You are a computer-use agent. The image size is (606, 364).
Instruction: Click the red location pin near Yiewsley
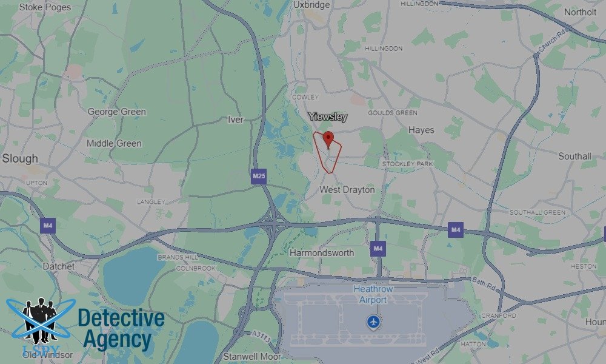pyautogui.click(x=328, y=139)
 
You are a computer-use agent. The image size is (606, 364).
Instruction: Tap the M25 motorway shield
pyautogui.click(x=259, y=177)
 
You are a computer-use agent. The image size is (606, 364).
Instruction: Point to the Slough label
pyautogui.click(x=20, y=158)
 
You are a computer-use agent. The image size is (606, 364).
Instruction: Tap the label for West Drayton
pyautogui.click(x=347, y=190)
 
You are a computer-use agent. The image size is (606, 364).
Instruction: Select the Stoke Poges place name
pyautogui.click(x=45, y=8)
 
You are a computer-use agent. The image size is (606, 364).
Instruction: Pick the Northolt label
pyautogui.click(x=580, y=12)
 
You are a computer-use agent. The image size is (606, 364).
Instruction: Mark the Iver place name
pyautogui.click(x=236, y=120)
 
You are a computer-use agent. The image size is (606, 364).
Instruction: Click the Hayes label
pyautogui.click(x=421, y=130)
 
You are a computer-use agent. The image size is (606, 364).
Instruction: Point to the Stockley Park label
pyautogui.click(x=407, y=164)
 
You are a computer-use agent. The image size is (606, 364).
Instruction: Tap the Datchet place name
pyautogui.click(x=59, y=266)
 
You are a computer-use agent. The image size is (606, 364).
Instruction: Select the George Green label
pyautogui.click(x=116, y=112)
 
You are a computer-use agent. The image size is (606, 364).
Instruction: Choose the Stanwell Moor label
pyautogui.click(x=250, y=356)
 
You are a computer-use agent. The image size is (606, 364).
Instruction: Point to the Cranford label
pyautogui.click(x=498, y=316)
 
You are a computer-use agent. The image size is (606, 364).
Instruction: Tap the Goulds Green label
pyautogui.click(x=393, y=113)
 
